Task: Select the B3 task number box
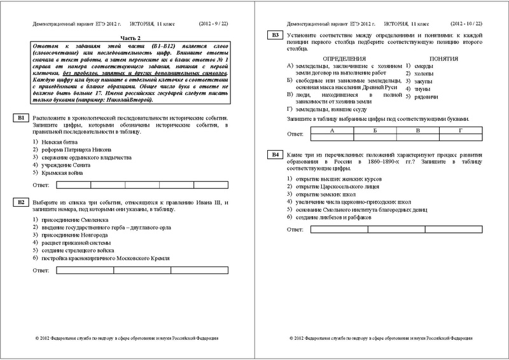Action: coord(275,35)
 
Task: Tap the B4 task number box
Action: coord(275,155)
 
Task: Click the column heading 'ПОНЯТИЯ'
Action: coord(427,58)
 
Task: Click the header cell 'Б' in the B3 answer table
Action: coord(375,130)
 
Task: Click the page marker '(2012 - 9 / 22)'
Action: coord(217,24)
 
